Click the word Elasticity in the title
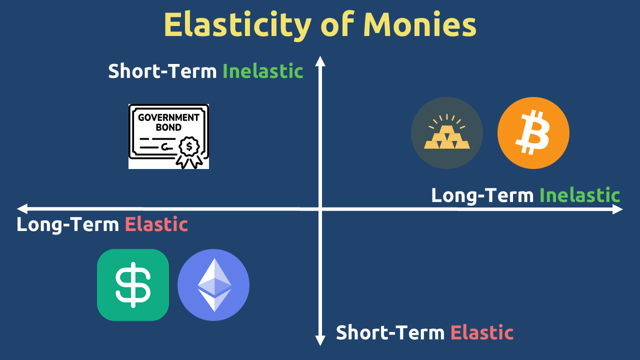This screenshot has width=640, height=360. (x=237, y=25)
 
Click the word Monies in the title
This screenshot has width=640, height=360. (x=419, y=24)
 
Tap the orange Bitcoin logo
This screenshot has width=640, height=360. (x=533, y=133)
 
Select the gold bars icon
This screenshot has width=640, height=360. (x=447, y=133)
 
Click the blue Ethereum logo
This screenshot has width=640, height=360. (x=213, y=285)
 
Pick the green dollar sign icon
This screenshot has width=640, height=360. (x=133, y=285)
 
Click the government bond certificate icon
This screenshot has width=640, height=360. (x=168, y=136)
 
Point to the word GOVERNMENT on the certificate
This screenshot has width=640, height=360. (x=168, y=117)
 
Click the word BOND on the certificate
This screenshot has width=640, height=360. (x=168, y=127)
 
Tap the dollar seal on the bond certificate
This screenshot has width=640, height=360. (x=189, y=147)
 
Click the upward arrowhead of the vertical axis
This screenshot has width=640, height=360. (x=320, y=61)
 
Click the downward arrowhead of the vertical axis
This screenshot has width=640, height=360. (x=320, y=340)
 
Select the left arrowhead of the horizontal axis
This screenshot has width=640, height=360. (x=22, y=208)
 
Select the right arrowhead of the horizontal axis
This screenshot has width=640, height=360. (x=617, y=209)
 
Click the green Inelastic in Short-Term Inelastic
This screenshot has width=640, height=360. (x=263, y=71)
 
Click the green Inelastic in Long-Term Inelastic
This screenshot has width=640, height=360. (x=579, y=195)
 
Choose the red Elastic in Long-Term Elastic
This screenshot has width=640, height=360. (x=156, y=224)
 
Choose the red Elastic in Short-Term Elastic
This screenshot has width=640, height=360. (x=482, y=332)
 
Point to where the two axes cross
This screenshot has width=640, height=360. (x=320, y=209)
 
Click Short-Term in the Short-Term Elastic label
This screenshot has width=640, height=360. (x=390, y=332)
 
